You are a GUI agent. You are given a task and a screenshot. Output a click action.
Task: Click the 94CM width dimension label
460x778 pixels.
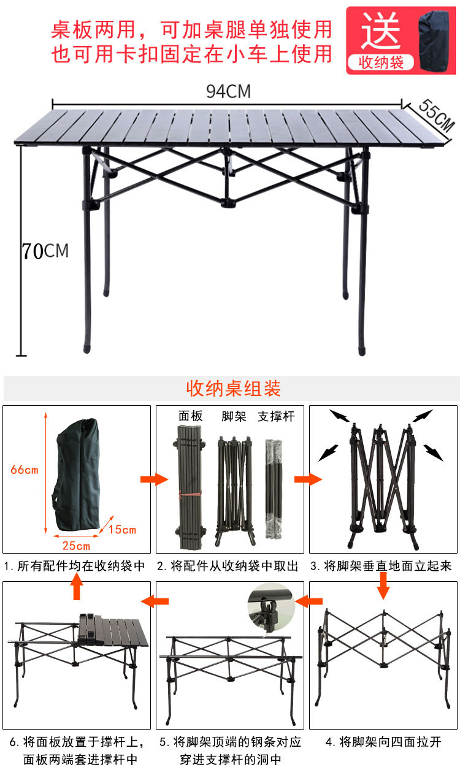[x=228, y=91]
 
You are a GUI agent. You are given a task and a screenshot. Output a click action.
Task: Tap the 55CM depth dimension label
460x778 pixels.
[x=436, y=115]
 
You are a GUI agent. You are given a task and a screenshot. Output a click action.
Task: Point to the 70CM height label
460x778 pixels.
[x=45, y=251]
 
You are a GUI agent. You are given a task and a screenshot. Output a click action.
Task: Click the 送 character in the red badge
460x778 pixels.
[x=380, y=31]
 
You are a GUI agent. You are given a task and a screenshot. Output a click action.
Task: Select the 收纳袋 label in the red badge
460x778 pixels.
[x=380, y=63]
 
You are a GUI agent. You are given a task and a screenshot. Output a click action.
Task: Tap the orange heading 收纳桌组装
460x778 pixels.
[x=232, y=389]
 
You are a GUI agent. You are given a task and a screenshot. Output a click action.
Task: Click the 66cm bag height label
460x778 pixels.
[x=25, y=470]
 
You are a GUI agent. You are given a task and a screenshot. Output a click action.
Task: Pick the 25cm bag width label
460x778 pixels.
[x=75, y=546]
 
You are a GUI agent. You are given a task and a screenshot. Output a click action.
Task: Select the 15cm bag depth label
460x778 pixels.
[x=123, y=529]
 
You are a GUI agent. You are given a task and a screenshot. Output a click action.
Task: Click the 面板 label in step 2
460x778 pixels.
[x=190, y=416]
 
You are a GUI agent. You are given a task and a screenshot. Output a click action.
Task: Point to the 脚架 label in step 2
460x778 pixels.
[x=234, y=416]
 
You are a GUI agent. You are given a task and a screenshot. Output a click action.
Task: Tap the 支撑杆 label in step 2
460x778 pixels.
[x=276, y=416]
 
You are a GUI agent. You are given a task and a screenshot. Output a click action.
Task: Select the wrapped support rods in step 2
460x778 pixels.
[x=273, y=487]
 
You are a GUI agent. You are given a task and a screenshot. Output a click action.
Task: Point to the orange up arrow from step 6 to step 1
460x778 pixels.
[x=77, y=589]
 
